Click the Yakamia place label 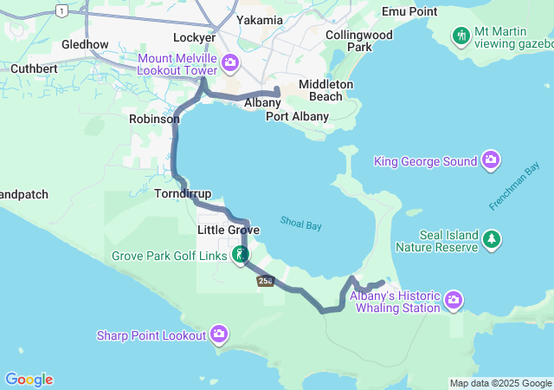[x=259, y=20]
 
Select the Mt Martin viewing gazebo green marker [x=461, y=36]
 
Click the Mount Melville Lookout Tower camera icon [x=230, y=62]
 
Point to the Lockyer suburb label [x=194, y=37]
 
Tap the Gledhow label [x=85, y=44]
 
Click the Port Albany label [x=297, y=116]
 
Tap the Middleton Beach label [x=325, y=90]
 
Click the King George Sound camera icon [x=491, y=160]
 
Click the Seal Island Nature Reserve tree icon [x=492, y=238]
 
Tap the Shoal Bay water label [x=300, y=224]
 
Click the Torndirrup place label [x=183, y=193]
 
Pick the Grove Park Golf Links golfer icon [x=241, y=255]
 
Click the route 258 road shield [x=265, y=280]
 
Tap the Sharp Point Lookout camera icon [x=219, y=334]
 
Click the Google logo [x=29, y=380]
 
